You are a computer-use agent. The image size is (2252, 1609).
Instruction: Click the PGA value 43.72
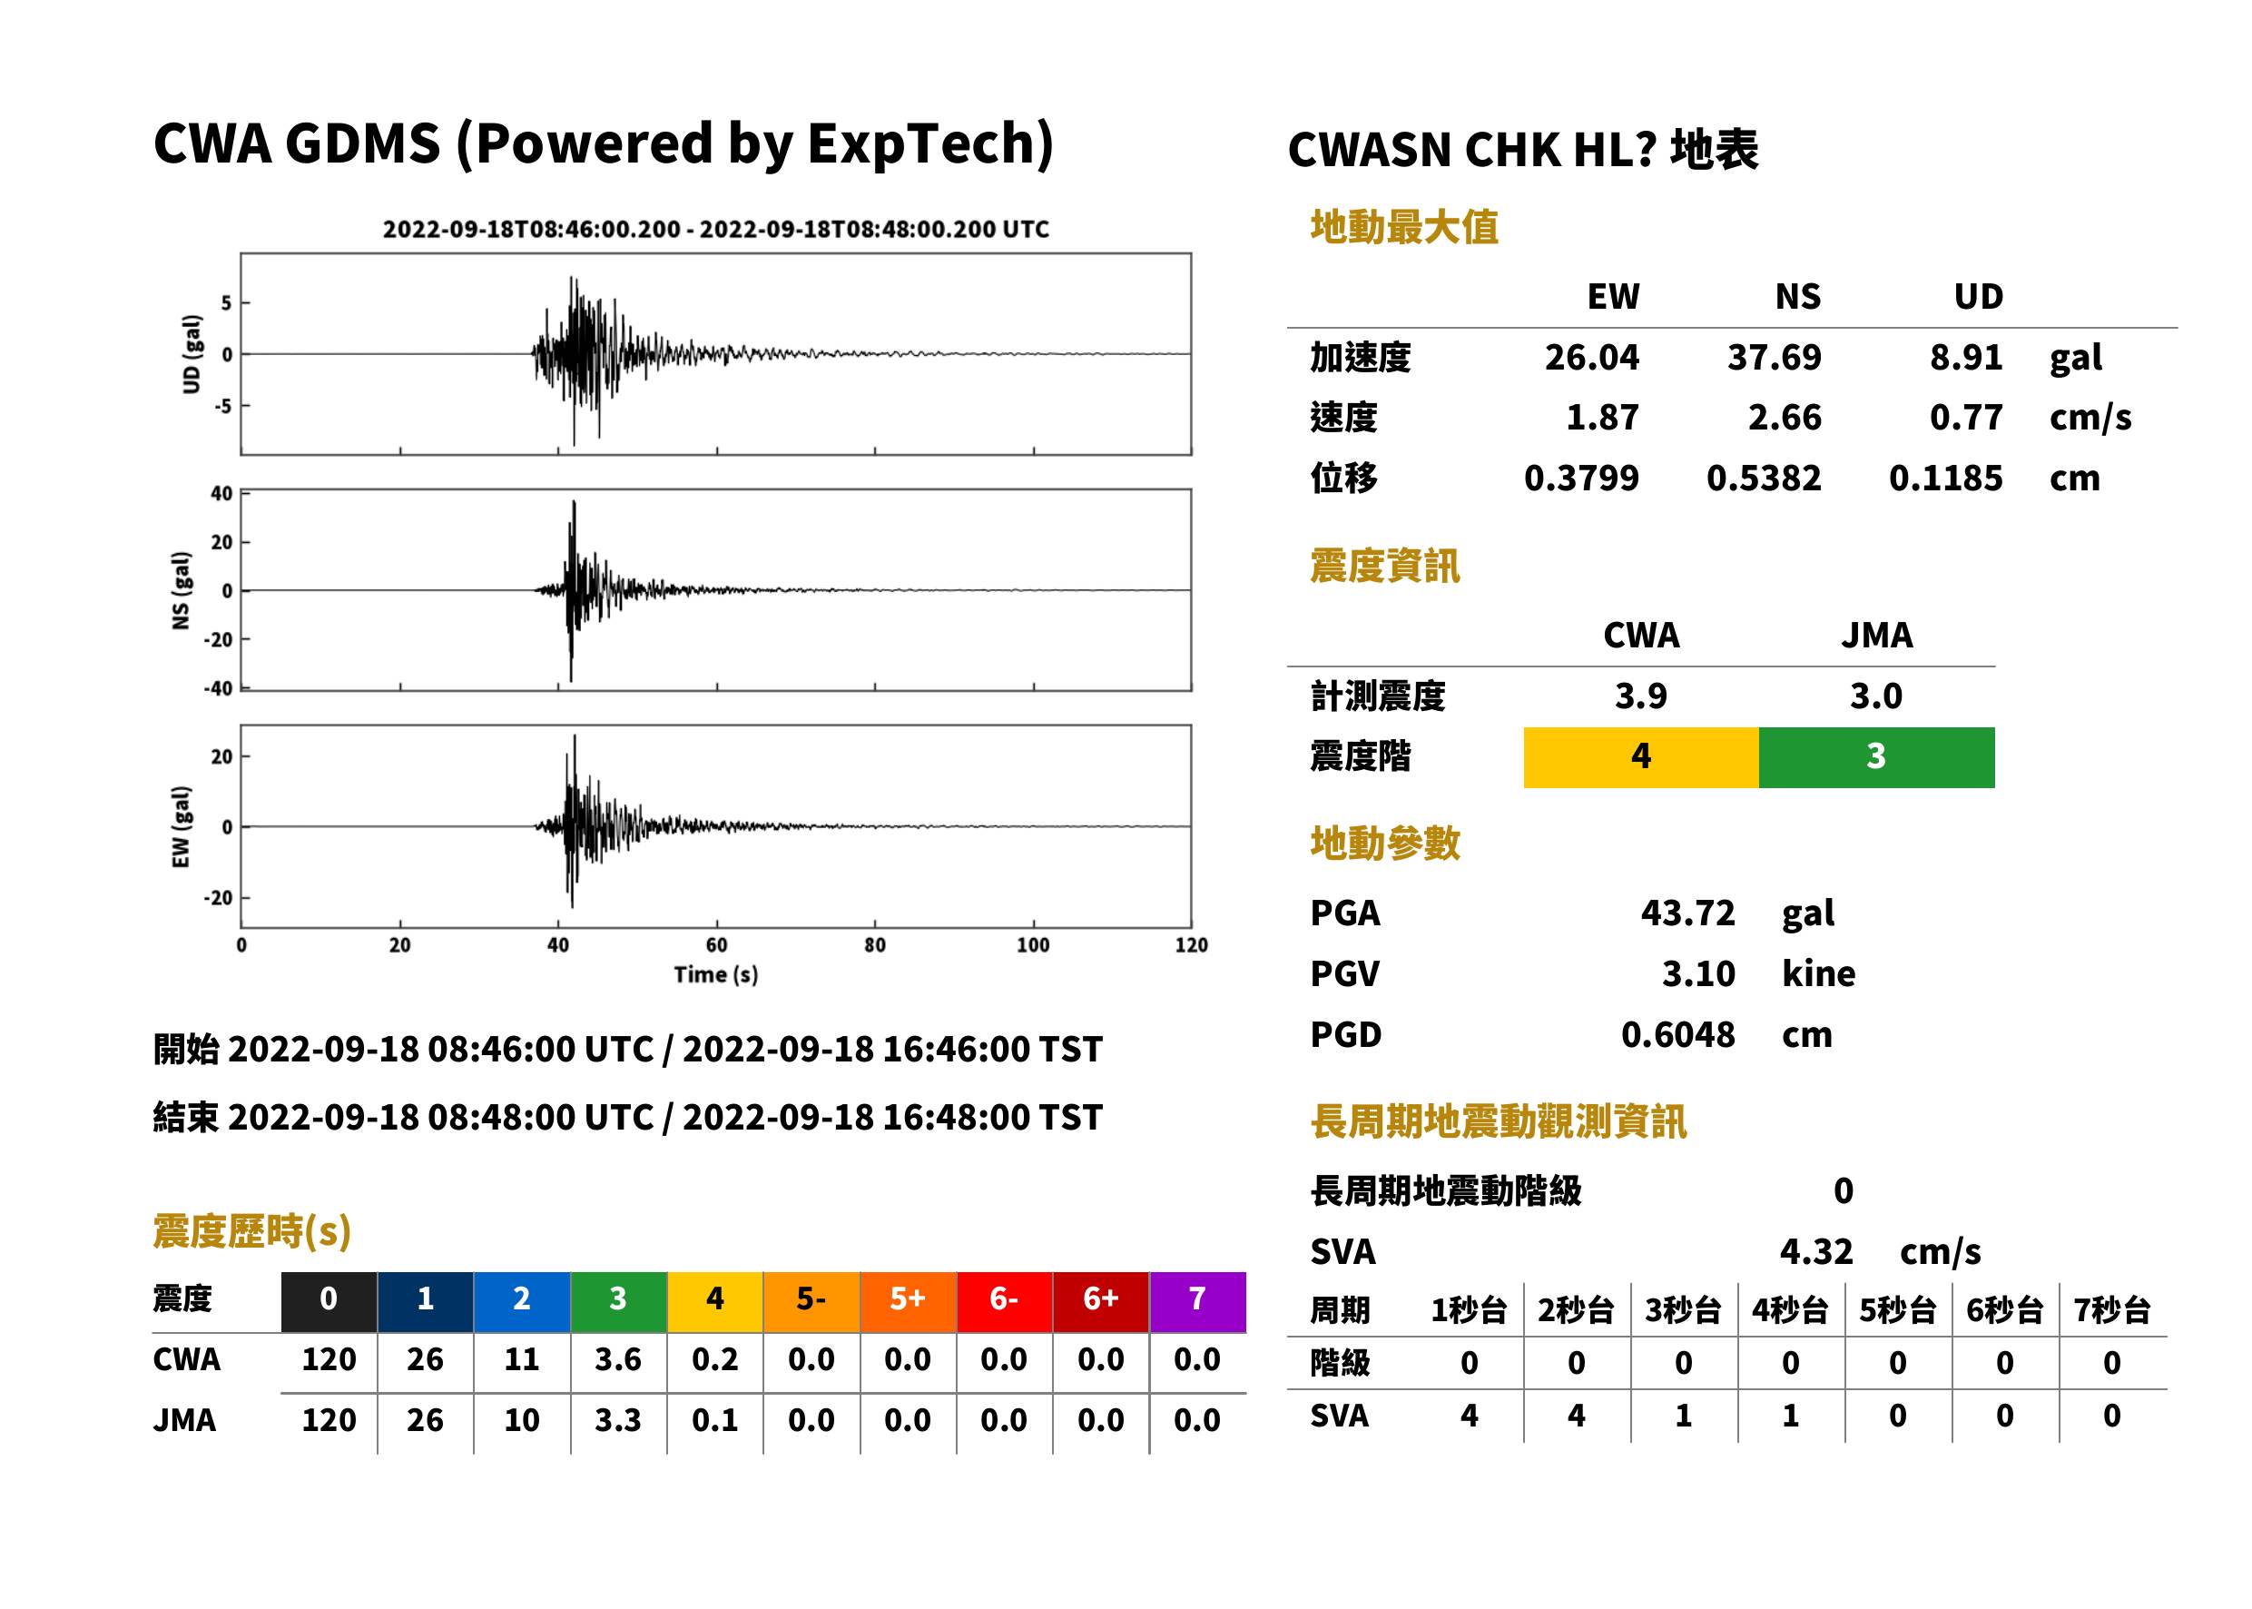coord(1687,913)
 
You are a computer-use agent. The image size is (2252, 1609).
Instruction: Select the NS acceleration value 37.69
coord(1774,357)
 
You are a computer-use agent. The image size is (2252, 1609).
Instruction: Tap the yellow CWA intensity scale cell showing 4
coord(1641,757)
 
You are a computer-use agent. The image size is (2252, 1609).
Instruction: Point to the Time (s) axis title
coord(716,975)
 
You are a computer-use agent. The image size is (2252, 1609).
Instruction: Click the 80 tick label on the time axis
coord(874,945)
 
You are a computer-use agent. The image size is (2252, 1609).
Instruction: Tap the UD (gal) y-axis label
coord(192,354)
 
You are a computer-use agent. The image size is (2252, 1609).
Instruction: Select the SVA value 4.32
coord(1816,1251)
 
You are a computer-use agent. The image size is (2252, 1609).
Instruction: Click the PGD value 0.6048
coord(1677,1034)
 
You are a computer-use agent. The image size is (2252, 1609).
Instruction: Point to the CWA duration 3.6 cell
coord(618,1359)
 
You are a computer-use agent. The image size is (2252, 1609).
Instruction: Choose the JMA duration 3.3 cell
coord(618,1421)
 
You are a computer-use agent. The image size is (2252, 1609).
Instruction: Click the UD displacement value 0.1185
coord(1945,479)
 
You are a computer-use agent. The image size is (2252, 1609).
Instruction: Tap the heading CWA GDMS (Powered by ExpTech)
coord(603,143)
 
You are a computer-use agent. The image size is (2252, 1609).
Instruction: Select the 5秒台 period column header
coord(1897,1311)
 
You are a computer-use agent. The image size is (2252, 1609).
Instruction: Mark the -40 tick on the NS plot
coord(218,687)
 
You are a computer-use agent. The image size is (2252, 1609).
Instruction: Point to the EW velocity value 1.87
coord(1601,417)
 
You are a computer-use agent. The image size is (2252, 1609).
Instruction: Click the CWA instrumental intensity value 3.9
coord(1641,696)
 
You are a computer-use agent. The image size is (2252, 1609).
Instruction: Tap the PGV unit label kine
coord(1818,974)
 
